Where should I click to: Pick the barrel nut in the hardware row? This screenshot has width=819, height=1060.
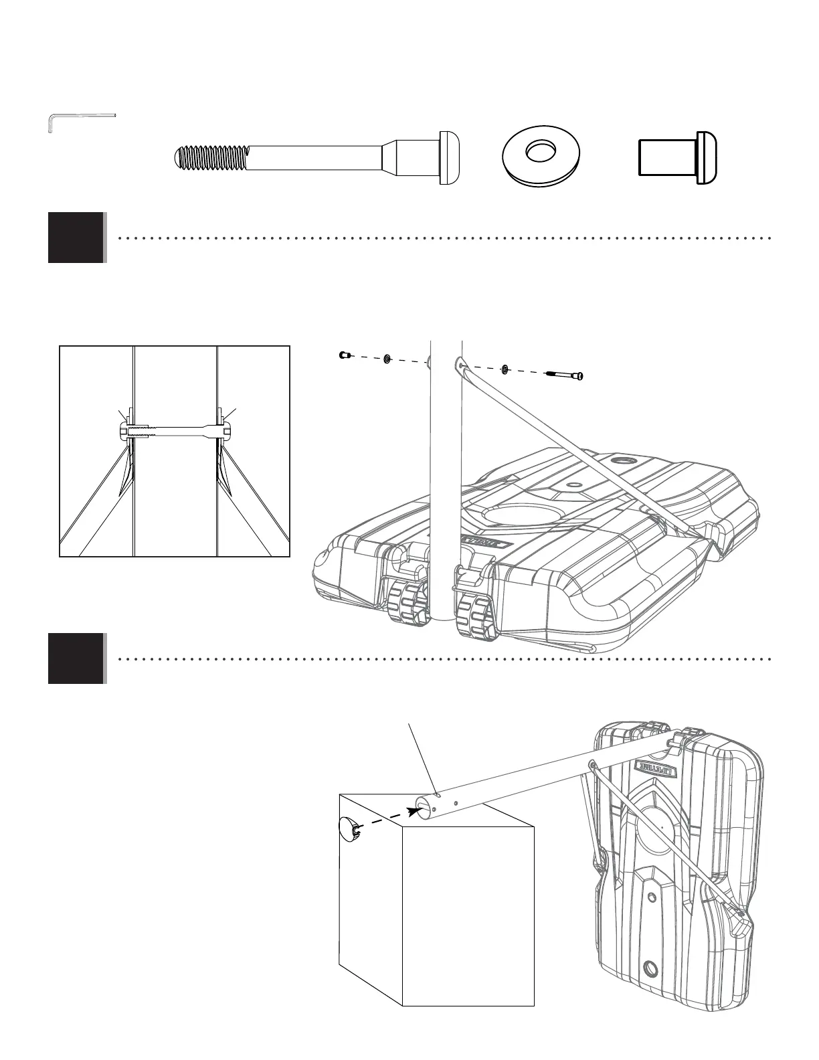677,157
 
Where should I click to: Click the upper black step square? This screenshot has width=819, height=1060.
76,238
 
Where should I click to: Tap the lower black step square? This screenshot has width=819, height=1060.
76,658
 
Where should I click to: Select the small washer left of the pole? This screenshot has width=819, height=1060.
387,360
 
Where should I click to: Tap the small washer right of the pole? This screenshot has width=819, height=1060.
506,368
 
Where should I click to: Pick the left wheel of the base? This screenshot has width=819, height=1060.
407,602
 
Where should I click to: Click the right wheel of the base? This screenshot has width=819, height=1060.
475,606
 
